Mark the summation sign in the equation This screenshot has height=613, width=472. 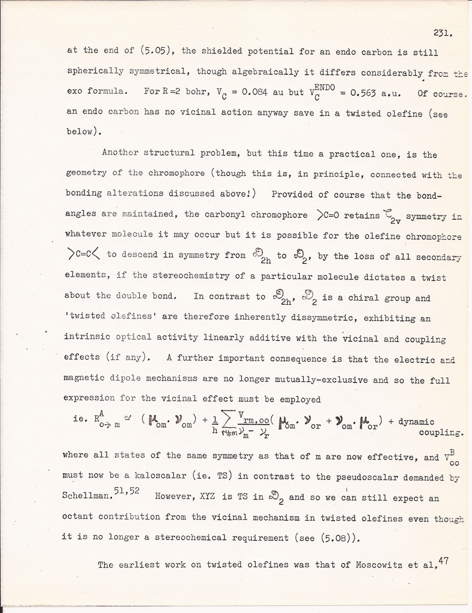coord(225,419)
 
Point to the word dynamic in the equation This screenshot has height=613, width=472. coord(414,422)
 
